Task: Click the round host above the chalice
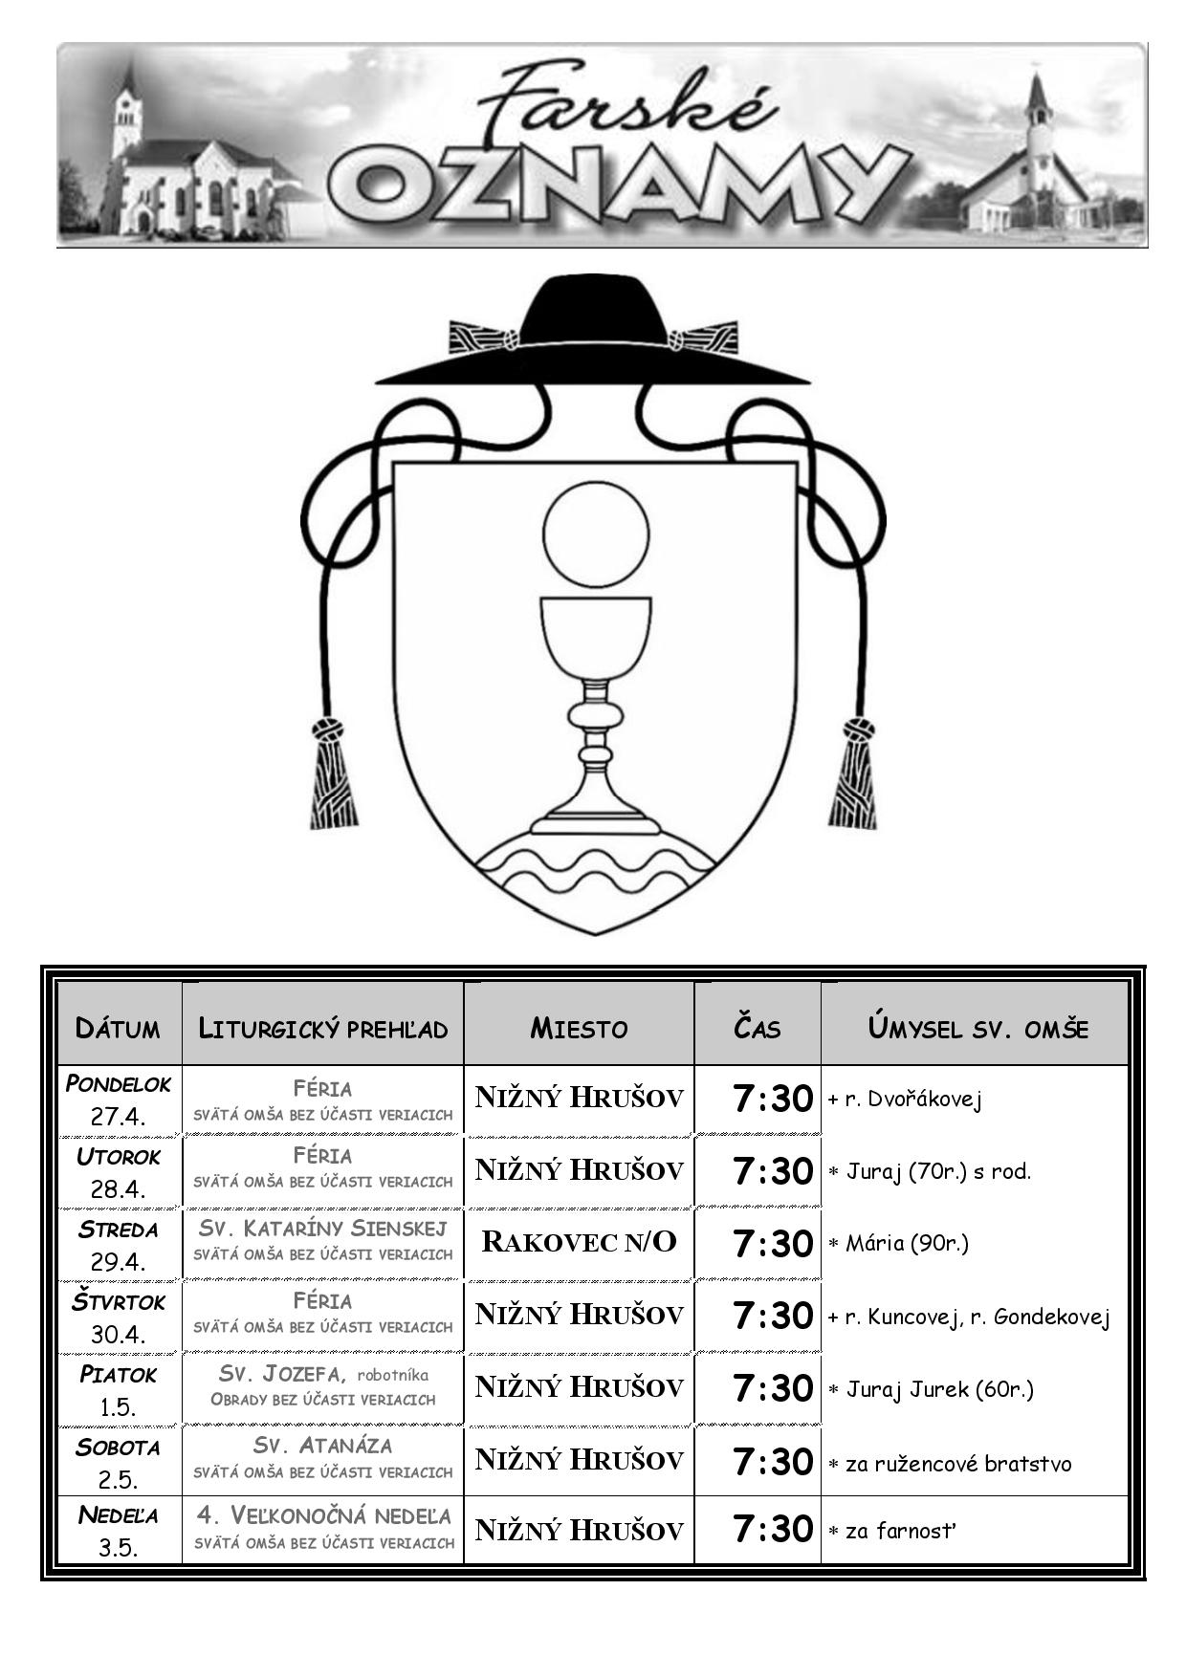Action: pos(596,534)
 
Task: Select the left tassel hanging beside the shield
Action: pos(332,773)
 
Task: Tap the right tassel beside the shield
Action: pos(853,773)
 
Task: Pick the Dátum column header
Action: pos(118,1029)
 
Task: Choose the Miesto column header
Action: pos(579,1029)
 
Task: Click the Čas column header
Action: pos(757,1028)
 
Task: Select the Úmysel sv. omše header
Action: pos(977,1028)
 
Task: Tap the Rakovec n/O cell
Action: pos(579,1242)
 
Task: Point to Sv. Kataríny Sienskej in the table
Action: pos(322,1228)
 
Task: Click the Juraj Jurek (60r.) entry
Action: pos(931,1390)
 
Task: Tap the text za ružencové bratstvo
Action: pos(950,1464)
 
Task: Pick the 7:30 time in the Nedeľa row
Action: pos(773,1529)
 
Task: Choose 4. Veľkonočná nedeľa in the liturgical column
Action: pos(323,1515)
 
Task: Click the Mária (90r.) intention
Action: pos(898,1244)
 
